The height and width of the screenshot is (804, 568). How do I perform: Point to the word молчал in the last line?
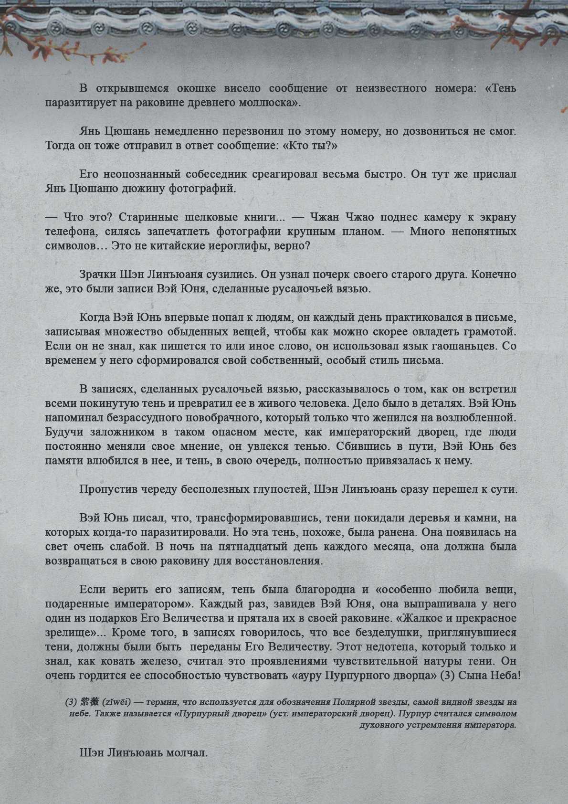(187, 753)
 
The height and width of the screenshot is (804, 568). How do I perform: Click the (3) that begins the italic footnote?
(71, 703)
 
